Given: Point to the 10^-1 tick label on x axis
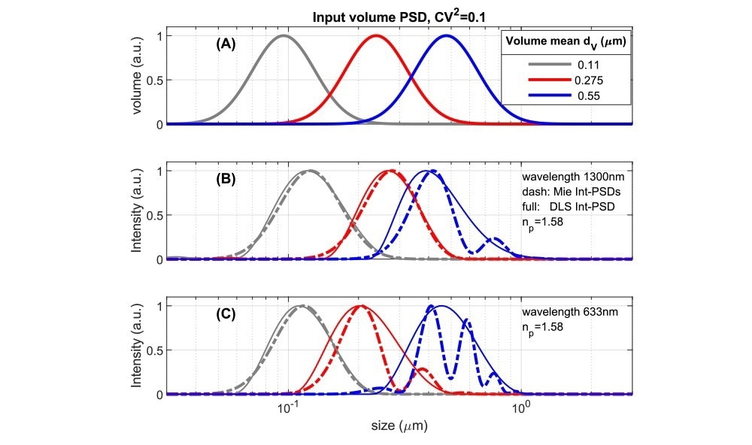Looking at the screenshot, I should [289, 409].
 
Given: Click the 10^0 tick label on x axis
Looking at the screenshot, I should [520, 409].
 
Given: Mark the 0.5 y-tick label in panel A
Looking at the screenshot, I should [153, 80].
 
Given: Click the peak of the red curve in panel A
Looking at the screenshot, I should [376, 35].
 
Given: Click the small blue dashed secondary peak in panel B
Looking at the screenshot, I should [493, 239].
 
